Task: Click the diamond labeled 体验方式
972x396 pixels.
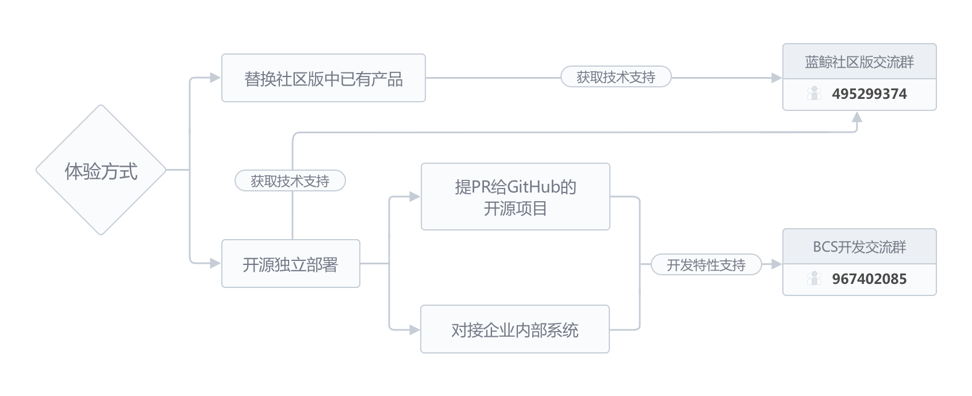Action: pyautogui.click(x=101, y=170)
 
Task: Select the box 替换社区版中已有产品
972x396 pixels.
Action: pyautogui.click(x=323, y=78)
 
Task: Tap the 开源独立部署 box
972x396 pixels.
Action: pyautogui.click(x=290, y=264)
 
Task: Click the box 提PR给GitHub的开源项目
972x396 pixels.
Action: pyautogui.click(x=515, y=197)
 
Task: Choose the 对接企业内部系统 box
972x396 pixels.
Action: pyautogui.click(x=514, y=329)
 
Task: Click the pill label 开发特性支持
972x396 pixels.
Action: pyautogui.click(x=705, y=265)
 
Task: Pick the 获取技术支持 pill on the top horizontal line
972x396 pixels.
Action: pyautogui.click(x=616, y=77)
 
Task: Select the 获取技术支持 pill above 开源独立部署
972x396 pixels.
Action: pyautogui.click(x=290, y=181)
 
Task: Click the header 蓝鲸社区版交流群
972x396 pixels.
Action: pyautogui.click(x=859, y=62)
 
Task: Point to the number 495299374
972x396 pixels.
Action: pyautogui.click(x=869, y=94)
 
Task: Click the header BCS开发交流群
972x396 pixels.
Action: pyautogui.click(x=859, y=247)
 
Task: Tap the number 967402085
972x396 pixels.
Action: pyautogui.click(x=869, y=279)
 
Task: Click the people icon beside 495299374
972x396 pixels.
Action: pyautogui.click(x=814, y=93)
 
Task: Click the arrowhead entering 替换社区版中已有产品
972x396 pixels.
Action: pyautogui.click(x=216, y=78)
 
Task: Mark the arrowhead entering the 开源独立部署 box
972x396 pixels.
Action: pyautogui.click(x=216, y=263)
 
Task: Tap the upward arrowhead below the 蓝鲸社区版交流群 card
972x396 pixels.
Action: pyautogui.click(x=856, y=117)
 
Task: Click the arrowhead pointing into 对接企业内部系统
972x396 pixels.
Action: pyautogui.click(x=414, y=330)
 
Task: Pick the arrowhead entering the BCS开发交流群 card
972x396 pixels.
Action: pyautogui.click(x=776, y=264)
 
